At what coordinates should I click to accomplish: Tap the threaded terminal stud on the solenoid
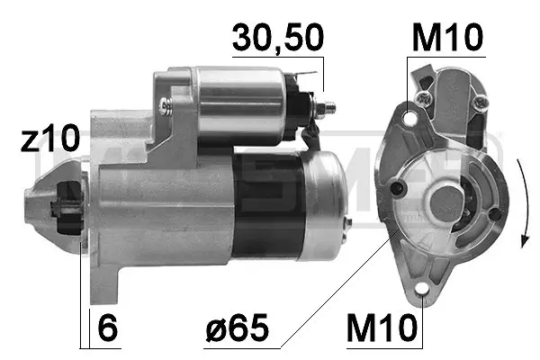point(328,107)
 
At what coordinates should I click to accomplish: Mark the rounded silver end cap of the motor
point(324,205)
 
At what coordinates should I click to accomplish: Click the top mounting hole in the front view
point(410,116)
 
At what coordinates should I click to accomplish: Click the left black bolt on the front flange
point(397,188)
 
